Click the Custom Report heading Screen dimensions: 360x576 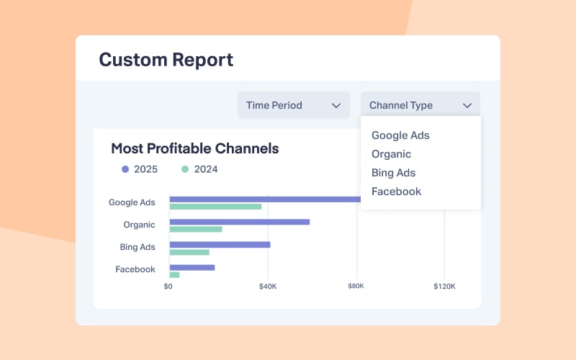[166, 59]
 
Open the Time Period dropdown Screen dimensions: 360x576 [293, 105]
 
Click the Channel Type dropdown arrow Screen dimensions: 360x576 [467, 105]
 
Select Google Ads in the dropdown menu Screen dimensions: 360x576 [400, 135]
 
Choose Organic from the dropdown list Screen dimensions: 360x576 [391, 154]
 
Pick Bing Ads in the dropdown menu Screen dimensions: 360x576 [393, 173]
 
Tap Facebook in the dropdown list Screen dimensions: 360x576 [396, 192]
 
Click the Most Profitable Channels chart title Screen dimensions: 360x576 [194, 149]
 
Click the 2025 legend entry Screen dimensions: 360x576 [140, 170]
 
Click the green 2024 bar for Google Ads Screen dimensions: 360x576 [215, 207]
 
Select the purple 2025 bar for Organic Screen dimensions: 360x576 [239, 222]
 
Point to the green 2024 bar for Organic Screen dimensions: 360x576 [196, 229]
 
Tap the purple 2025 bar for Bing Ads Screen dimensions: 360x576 [220, 244]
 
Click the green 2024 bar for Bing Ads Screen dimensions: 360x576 [189, 252]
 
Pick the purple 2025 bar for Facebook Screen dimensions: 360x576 [192, 267]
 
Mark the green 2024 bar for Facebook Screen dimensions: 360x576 [174, 274]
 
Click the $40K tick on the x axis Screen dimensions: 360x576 [268, 286]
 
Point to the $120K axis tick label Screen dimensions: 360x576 [444, 286]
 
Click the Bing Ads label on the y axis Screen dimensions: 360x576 [137, 247]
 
